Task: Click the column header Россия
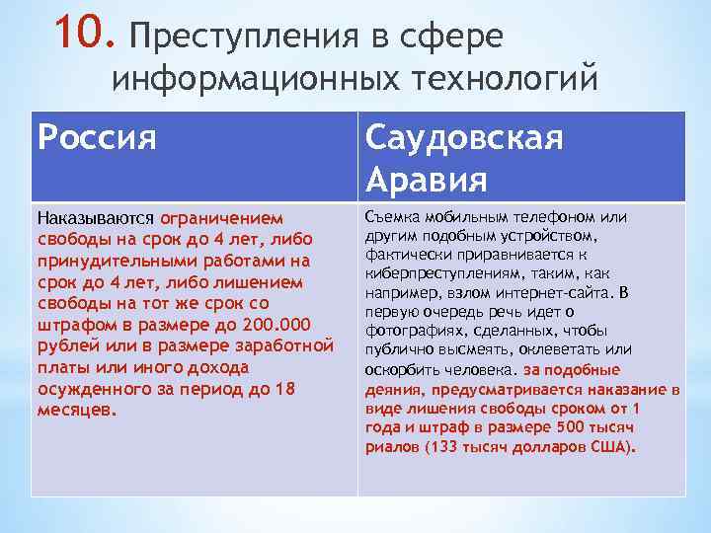(x=97, y=137)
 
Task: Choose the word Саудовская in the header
(x=465, y=137)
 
